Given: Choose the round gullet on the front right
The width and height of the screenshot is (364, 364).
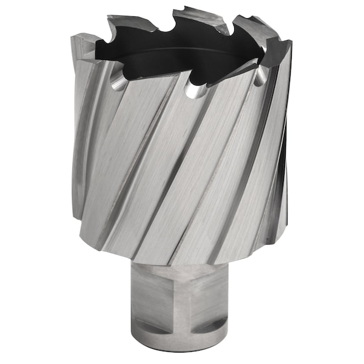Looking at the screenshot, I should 259,76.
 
